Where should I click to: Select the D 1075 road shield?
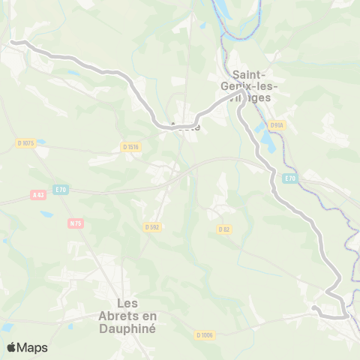[25, 142]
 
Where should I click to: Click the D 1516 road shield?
[131, 147]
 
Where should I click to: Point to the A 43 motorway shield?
[38, 195]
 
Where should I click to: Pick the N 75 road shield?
[75, 223]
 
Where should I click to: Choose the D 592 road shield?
[153, 226]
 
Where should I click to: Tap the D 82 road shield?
[223, 229]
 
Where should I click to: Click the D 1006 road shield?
[205, 334]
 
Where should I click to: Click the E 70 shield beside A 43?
[60, 190]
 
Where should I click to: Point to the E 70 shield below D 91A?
[291, 178]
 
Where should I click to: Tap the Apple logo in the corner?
[11, 347]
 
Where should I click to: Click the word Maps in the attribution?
[32, 347]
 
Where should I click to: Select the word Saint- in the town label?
[253, 74]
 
